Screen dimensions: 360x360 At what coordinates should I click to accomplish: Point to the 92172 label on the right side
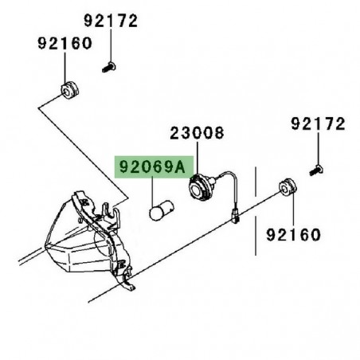point(317,124)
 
